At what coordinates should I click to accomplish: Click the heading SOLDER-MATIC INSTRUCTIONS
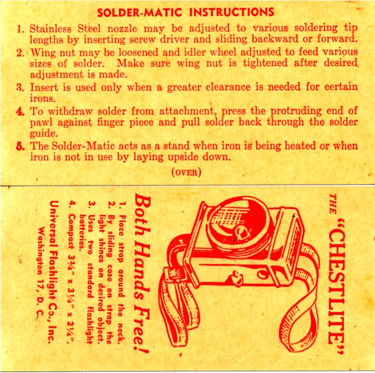185,12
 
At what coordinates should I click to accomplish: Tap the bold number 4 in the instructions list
20,111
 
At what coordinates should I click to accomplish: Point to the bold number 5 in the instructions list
20,146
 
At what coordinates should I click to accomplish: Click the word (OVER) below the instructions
186,172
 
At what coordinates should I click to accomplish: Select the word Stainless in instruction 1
50,29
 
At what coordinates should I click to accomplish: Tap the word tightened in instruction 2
265,63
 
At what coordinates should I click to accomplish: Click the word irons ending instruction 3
42,98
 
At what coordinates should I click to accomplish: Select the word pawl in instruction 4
41,123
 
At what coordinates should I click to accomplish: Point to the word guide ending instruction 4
44,134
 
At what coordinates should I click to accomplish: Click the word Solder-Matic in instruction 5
83,146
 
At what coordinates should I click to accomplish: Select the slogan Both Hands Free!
142,273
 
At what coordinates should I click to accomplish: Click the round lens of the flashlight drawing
237,226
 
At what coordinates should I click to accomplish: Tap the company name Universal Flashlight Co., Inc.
54,272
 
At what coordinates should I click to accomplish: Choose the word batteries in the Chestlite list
82,231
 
